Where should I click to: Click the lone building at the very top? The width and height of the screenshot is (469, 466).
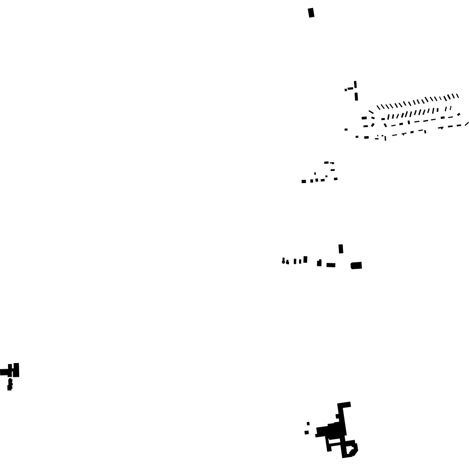311,13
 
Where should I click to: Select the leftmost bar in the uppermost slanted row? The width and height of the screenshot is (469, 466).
378,107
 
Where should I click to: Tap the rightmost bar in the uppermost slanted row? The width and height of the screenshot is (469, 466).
457,95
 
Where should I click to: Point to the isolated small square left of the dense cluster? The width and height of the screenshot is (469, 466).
346,130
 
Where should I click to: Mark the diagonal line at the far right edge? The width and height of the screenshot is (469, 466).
467,123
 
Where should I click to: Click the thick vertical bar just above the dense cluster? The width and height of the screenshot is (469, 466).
356,96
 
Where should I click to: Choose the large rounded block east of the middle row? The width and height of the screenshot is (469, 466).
356,265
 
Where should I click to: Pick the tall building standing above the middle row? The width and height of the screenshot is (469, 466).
341,249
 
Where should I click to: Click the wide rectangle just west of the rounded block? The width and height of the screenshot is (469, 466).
331,265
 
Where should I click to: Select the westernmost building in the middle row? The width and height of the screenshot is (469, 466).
283,261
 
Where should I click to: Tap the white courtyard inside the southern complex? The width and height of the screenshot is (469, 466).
349,448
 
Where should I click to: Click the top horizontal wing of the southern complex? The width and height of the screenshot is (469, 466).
344,404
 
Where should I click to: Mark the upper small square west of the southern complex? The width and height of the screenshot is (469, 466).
308,424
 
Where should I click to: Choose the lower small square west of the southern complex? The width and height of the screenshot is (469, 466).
307,433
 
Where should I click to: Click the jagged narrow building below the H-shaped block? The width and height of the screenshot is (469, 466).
10,384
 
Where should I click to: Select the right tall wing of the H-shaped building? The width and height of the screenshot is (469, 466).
17,370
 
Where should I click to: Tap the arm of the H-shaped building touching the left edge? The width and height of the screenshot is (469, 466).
4,372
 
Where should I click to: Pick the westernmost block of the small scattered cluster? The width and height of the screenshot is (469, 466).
304,182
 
